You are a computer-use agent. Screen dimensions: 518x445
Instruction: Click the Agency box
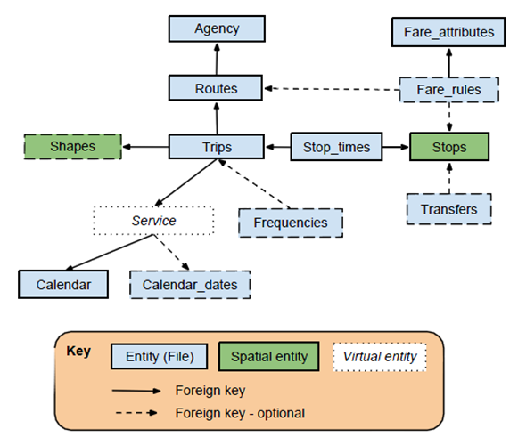click(x=217, y=28)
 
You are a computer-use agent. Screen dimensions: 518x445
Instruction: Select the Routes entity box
click(x=216, y=88)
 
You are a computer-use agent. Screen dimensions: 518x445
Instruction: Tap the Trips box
click(x=217, y=147)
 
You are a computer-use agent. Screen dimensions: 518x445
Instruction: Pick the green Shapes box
click(x=73, y=147)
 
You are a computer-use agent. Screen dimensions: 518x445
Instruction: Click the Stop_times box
click(x=336, y=147)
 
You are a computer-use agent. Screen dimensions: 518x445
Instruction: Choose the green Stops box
click(x=449, y=147)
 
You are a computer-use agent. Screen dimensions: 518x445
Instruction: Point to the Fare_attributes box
click(x=448, y=32)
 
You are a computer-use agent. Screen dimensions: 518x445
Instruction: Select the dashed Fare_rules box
click(x=449, y=90)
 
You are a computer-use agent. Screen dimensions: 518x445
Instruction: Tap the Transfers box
click(x=449, y=209)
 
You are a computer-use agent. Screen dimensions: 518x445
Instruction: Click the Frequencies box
click(x=291, y=222)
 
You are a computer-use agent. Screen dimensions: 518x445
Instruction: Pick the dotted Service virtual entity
click(x=153, y=221)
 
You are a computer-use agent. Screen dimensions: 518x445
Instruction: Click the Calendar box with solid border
click(x=63, y=284)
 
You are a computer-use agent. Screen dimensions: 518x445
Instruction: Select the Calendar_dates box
click(x=190, y=285)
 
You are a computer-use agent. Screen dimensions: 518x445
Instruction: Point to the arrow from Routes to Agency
click(x=217, y=59)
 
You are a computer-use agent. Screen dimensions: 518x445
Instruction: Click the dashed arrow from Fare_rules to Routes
click(x=332, y=89)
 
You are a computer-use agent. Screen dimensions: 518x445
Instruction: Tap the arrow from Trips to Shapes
click(x=145, y=147)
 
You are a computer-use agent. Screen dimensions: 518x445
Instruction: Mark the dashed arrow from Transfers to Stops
click(x=449, y=178)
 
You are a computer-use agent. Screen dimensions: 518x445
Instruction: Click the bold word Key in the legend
click(x=78, y=351)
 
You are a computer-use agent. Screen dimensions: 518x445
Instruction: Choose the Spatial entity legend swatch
click(x=269, y=356)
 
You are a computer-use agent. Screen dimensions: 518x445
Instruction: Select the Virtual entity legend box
click(x=380, y=357)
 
